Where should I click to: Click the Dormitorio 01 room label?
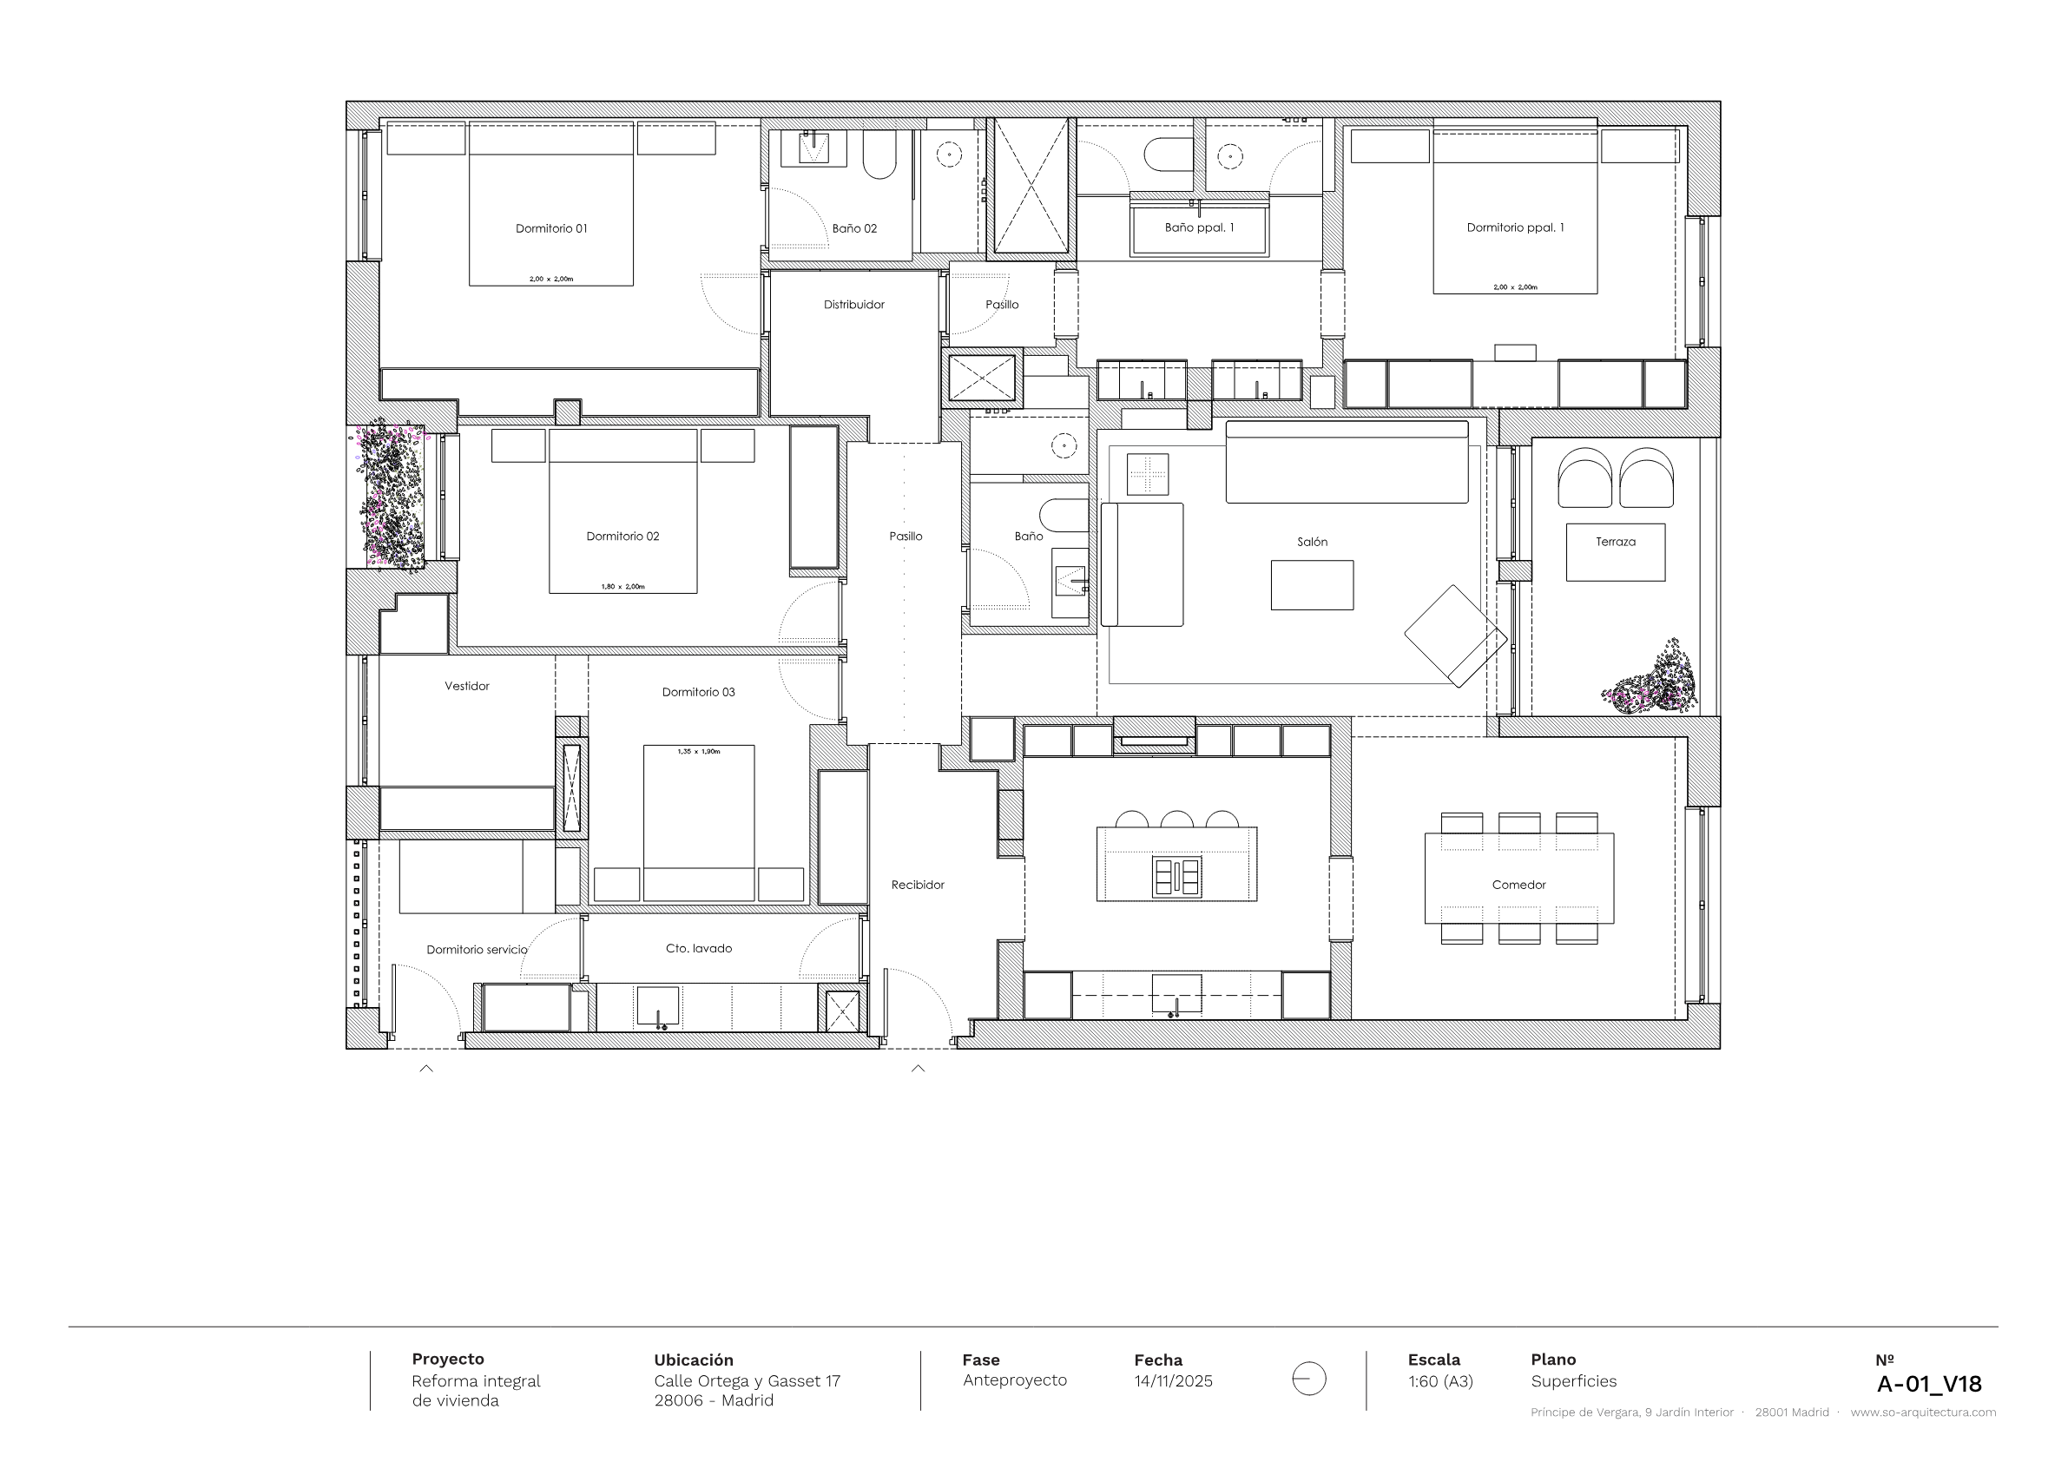(x=551, y=229)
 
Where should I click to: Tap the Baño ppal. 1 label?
(x=1199, y=228)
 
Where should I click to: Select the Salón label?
(x=1313, y=542)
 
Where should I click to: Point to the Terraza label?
(x=1616, y=542)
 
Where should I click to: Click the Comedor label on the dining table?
(x=1518, y=885)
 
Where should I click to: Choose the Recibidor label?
(x=918, y=885)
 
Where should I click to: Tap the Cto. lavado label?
(x=699, y=949)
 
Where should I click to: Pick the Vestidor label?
(x=466, y=687)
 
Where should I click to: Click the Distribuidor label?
(x=854, y=305)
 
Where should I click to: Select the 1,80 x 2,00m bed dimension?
(x=623, y=586)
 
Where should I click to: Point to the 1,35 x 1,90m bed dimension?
(x=699, y=751)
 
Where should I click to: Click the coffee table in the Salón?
(x=1313, y=585)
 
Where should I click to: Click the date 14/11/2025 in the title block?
(x=1174, y=1381)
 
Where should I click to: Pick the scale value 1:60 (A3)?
(x=1441, y=1381)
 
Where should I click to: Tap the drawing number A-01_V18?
(x=1929, y=1384)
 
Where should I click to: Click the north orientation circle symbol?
(x=1308, y=1379)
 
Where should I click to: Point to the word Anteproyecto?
(x=1015, y=1380)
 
